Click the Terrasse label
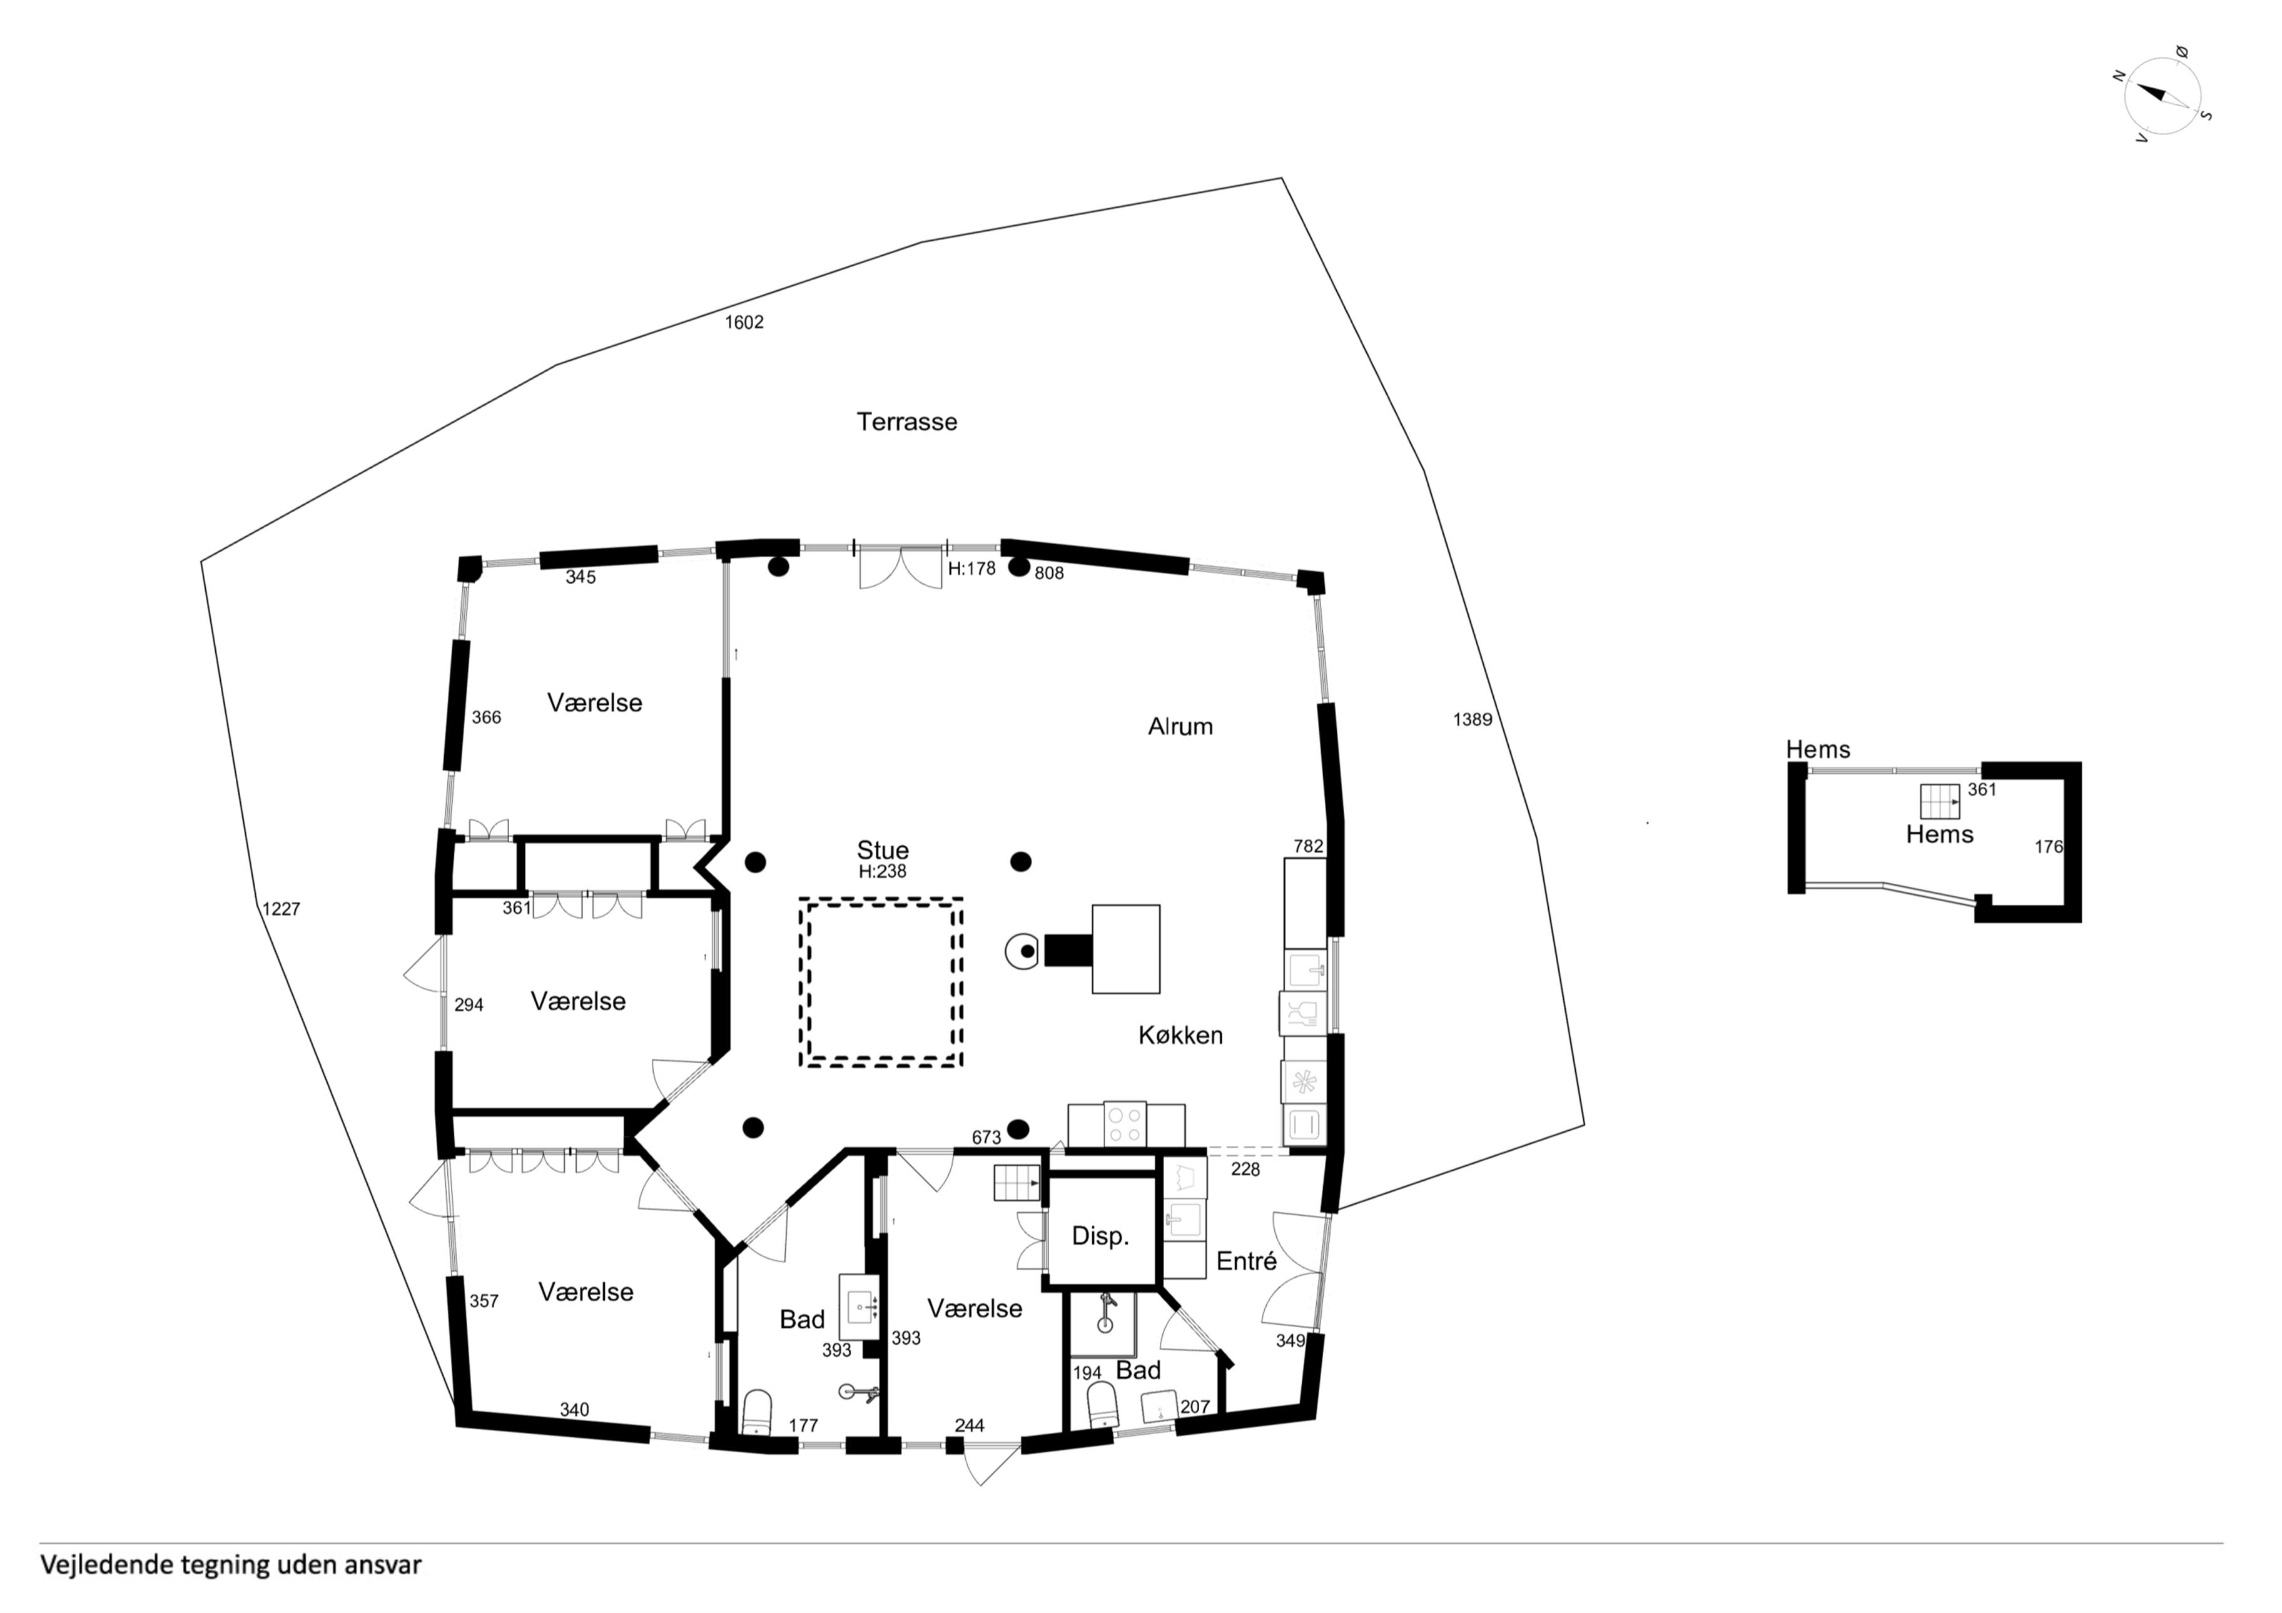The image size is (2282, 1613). point(906,422)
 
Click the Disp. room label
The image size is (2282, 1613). point(1100,1236)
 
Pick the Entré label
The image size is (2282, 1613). point(1246,1261)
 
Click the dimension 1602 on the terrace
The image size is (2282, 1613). point(744,322)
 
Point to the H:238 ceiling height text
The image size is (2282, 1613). point(883,872)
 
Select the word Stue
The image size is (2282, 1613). point(883,851)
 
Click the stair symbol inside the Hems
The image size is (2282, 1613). point(1939,801)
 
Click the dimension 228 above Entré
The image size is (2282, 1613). point(1245,1170)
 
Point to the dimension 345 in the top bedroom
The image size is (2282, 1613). point(581,577)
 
